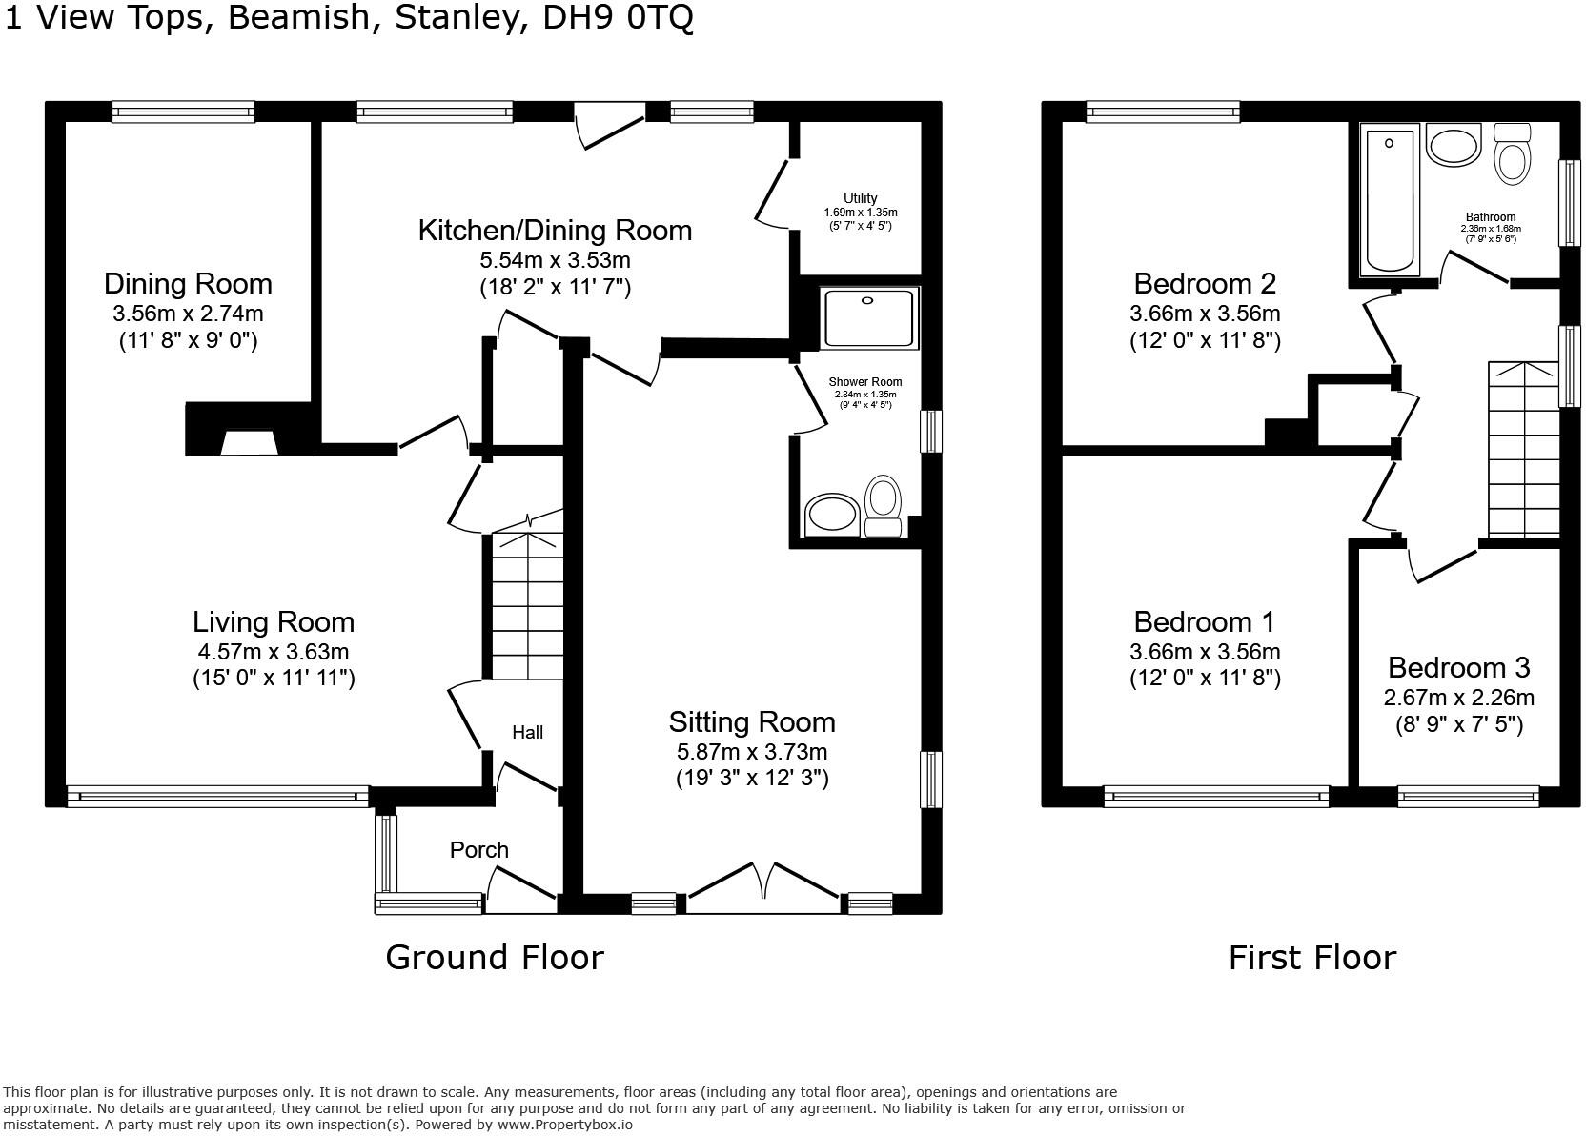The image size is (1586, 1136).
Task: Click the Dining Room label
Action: point(188,284)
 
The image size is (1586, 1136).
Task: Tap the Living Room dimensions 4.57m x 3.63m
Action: point(274,652)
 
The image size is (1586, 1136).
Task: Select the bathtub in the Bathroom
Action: point(1390,201)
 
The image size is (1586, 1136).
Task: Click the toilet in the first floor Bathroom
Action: point(1513,154)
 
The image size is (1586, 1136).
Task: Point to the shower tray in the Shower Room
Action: point(869,317)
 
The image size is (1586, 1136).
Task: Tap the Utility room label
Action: point(860,198)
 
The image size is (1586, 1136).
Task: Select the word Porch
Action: point(478,850)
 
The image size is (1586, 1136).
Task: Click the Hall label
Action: point(527,732)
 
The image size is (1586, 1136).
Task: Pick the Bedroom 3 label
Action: point(1458,667)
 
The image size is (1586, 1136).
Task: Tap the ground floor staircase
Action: point(526,605)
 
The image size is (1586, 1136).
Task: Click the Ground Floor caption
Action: point(494,957)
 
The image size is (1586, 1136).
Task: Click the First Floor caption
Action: point(1311,957)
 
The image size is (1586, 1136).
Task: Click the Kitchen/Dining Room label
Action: point(555,231)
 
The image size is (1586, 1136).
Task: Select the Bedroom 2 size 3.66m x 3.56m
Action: point(1205,314)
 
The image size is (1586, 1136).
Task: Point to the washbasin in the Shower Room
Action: point(832,516)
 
